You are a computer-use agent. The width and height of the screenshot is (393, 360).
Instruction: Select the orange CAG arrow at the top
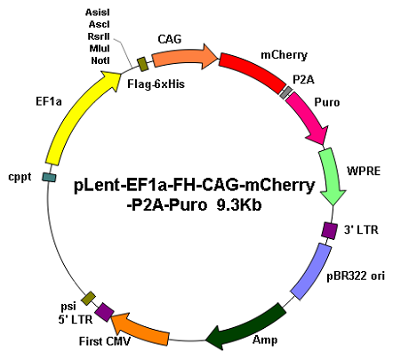(x=184, y=57)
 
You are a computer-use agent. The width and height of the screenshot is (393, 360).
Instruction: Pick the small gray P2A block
(x=286, y=92)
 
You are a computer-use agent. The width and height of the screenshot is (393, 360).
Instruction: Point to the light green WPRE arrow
(x=332, y=175)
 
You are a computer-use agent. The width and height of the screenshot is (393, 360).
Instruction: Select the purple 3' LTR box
(x=329, y=230)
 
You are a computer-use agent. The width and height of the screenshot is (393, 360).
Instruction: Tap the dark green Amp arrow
(x=247, y=327)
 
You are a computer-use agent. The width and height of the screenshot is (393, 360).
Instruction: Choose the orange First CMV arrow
(x=140, y=328)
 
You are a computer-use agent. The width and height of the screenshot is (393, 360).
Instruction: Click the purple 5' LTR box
(x=104, y=312)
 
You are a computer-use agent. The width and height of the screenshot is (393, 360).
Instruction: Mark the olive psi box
(x=89, y=299)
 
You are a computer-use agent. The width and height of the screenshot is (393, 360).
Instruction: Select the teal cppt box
(x=49, y=177)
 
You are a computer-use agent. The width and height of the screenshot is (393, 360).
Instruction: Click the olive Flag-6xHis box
(x=143, y=64)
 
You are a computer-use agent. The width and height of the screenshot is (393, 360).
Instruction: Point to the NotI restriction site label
(x=100, y=60)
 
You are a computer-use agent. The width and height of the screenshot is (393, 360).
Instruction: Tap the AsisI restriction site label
(x=98, y=12)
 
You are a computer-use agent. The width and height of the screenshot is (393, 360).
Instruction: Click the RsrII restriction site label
(x=99, y=36)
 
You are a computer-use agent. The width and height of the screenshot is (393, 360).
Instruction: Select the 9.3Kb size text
(x=239, y=205)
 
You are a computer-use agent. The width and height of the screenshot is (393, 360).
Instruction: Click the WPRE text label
(x=364, y=171)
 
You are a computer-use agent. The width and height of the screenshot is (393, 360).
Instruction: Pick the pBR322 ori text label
(x=356, y=276)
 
